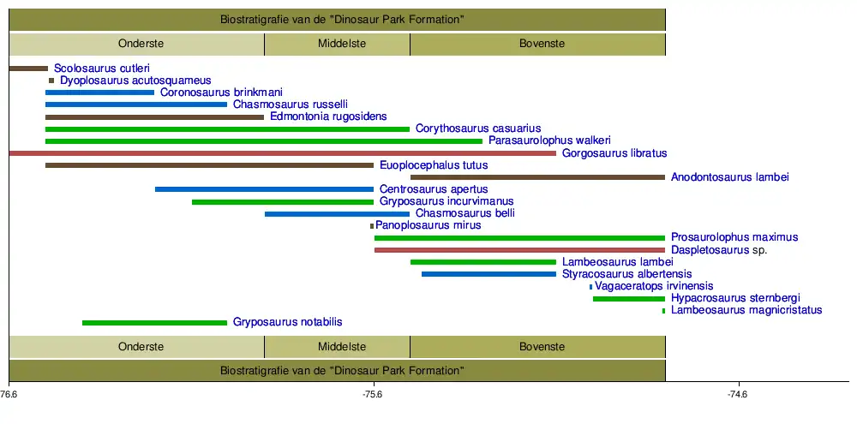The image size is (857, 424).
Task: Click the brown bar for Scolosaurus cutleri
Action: click(28, 68)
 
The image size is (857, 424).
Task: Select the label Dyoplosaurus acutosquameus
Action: click(135, 81)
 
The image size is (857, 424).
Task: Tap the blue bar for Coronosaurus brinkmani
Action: click(99, 93)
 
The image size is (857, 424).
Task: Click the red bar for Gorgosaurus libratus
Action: click(283, 153)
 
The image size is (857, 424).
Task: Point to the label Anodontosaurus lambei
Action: click(729, 177)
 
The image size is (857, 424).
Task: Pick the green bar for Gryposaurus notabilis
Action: click(154, 323)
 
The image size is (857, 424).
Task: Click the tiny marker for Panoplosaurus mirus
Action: click(372, 226)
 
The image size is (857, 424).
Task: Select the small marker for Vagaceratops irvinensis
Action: click(591, 287)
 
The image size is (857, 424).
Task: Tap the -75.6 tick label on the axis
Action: click(372, 395)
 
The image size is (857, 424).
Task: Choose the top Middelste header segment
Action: click(337, 44)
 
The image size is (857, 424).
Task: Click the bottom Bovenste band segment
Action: click(537, 347)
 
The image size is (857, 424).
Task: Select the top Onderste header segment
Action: click(137, 44)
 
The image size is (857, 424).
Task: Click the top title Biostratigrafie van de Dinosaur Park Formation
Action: click(337, 19)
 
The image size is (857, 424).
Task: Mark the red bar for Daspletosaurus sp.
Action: click(519, 250)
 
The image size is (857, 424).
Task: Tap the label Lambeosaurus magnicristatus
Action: click(746, 310)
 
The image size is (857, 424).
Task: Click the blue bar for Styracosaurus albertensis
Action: click(488, 274)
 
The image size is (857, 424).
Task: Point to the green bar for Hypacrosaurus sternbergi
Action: click(628, 299)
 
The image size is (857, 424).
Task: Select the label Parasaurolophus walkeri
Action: click(549, 140)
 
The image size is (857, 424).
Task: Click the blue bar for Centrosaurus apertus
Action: click(264, 189)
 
